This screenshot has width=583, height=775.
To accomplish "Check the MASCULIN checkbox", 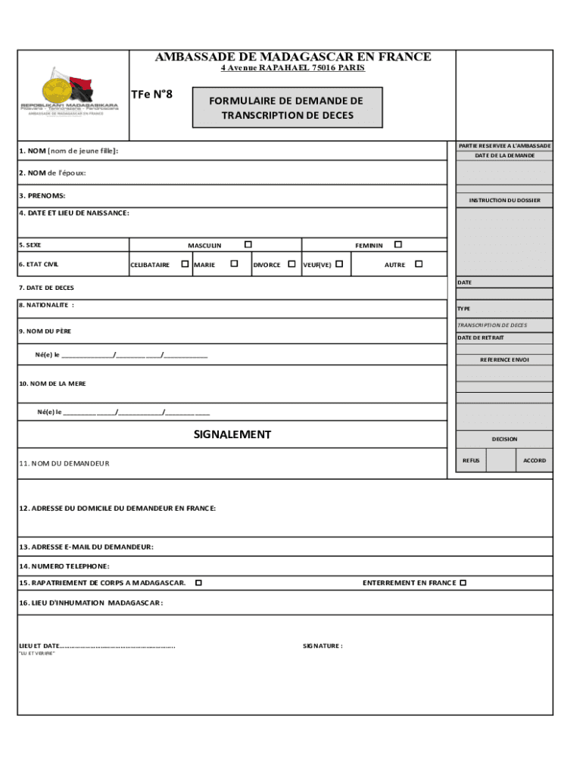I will [248, 244].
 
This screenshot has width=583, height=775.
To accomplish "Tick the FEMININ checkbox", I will [398, 244].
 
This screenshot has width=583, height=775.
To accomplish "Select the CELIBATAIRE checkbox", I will [185, 264].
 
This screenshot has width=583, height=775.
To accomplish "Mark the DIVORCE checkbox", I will [291, 264].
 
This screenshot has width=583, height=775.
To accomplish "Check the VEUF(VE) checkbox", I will [339, 264].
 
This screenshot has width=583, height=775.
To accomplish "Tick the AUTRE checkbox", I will [419, 264].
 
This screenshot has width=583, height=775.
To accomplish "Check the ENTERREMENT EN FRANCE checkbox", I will [463, 583].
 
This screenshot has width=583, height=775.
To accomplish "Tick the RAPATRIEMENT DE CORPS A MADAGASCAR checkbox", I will [198, 583].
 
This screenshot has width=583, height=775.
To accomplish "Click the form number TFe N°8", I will [152, 95].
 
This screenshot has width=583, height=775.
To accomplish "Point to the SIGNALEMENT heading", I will [232, 434].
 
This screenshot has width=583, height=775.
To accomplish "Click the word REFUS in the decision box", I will [471, 460].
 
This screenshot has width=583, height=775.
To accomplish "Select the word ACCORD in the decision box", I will [534, 460].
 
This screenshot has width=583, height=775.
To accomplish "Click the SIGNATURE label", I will [323, 646].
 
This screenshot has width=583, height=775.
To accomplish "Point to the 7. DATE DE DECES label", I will [46, 288].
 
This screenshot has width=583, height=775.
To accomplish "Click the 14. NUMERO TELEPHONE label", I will [64, 565].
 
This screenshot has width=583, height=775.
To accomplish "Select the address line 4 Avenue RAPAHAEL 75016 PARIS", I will [292, 68].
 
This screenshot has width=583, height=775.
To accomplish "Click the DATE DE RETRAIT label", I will [480, 338].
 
